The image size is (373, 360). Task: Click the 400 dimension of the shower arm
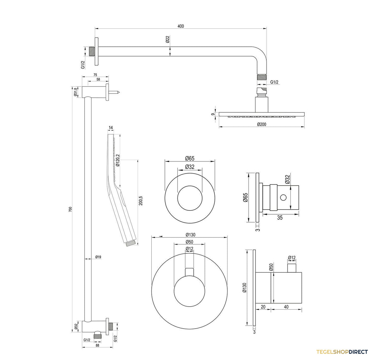pyautogui.click(x=181, y=26)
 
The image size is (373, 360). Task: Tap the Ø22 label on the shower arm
pyautogui.click(x=168, y=39)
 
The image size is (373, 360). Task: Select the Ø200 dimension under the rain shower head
pyautogui.click(x=261, y=124)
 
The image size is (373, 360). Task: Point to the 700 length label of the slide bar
pyautogui.click(x=70, y=209)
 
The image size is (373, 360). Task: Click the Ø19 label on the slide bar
pyautogui.click(x=98, y=257)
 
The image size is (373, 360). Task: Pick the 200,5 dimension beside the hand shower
pyautogui.click(x=141, y=201)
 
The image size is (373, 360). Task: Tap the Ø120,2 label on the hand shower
pyautogui.click(x=118, y=160)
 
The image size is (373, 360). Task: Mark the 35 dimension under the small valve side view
pyautogui.click(x=280, y=218)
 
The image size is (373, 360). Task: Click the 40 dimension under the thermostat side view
pyautogui.click(x=286, y=307)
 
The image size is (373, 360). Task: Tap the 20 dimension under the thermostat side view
pyautogui.click(x=263, y=307)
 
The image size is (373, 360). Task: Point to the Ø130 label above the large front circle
pyautogui.click(x=190, y=235)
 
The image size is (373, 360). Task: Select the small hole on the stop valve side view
pyautogui.click(x=283, y=197)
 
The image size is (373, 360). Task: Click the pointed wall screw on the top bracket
pyautogui.click(x=114, y=92)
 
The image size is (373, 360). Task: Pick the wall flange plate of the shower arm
pyautogui.click(x=97, y=51)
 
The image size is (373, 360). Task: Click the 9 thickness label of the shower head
pyautogui.click(x=213, y=114)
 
